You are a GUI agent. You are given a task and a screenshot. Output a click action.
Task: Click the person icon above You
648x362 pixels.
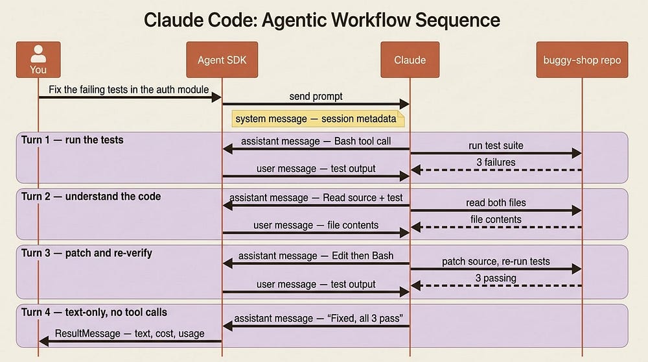[x=38, y=54]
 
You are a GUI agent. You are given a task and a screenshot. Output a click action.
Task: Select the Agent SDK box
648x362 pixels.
[x=222, y=60]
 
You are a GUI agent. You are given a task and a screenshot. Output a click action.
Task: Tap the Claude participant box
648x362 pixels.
[x=410, y=60]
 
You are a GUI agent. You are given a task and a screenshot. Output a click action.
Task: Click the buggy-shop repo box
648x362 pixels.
[x=582, y=60]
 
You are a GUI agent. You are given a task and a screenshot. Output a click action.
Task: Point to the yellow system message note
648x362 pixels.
[x=318, y=119]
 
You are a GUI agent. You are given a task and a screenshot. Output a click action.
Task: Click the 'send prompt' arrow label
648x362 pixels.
[x=316, y=97]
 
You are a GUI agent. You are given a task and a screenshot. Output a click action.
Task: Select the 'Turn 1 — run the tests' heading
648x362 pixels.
[x=73, y=140]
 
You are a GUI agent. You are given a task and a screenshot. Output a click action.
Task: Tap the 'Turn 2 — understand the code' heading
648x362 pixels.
[x=91, y=196]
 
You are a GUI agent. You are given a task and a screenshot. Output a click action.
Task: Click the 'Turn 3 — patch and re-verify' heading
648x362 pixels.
[x=87, y=253]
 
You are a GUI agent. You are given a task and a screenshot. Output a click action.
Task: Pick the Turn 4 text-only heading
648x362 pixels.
[x=94, y=312]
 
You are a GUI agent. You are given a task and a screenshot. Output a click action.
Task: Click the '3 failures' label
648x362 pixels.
[x=496, y=162]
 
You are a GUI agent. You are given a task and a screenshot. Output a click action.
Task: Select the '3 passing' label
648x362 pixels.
[x=496, y=278]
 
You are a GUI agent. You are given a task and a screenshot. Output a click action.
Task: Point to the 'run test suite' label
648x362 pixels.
[x=496, y=145]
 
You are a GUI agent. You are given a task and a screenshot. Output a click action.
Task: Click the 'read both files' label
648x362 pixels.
[x=496, y=202]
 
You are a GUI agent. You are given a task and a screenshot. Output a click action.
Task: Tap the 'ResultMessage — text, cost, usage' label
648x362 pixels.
[x=130, y=333]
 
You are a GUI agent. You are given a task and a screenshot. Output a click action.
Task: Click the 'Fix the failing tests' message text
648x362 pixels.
[x=128, y=90]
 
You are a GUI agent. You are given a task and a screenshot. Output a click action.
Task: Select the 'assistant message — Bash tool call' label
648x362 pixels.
[x=316, y=141]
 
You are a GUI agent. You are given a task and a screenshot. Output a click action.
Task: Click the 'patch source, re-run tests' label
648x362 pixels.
[x=496, y=261]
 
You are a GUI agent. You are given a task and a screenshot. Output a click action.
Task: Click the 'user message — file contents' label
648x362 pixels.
[x=316, y=225]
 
